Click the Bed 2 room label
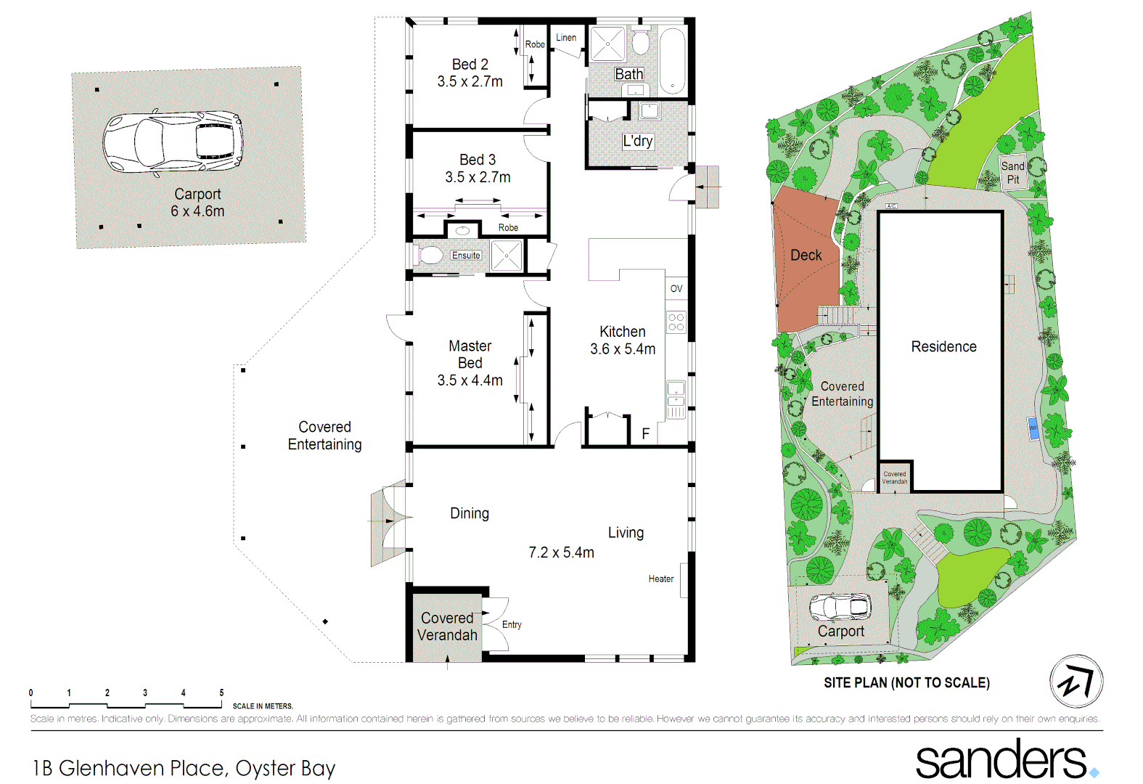click(470, 65)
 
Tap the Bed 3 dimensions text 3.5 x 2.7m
click(478, 177)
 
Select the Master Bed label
click(470, 354)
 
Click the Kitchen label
click(622, 332)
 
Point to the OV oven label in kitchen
click(676, 289)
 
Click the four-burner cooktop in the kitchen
click(676, 322)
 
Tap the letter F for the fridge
click(645, 434)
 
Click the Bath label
click(628, 74)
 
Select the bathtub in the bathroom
click(673, 61)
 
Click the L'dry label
click(638, 141)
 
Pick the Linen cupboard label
click(566, 38)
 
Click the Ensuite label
click(466, 256)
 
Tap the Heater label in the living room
click(660, 579)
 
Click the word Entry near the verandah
click(512, 625)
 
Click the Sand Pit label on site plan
click(1013, 173)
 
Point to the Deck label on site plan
click(806, 256)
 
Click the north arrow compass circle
click(1076, 682)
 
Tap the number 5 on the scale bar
click(221, 693)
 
